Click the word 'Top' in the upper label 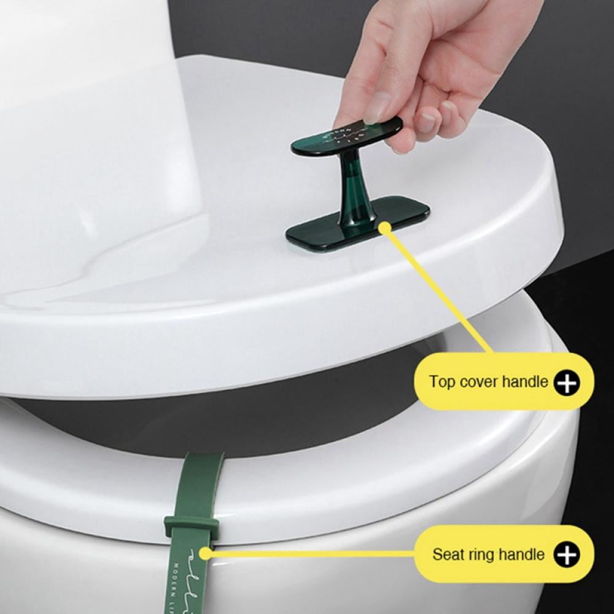pyautogui.click(x=440, y=382)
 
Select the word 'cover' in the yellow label pyautogui.click(x=476, y=382)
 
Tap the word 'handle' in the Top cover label pyautogui.click(x=524, y=382)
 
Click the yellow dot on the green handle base pyautogui.click(x=384, y=228)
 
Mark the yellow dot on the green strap pyautogui.click(x=205, y=553)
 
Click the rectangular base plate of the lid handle pyautogui.click(x=319, y=233)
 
